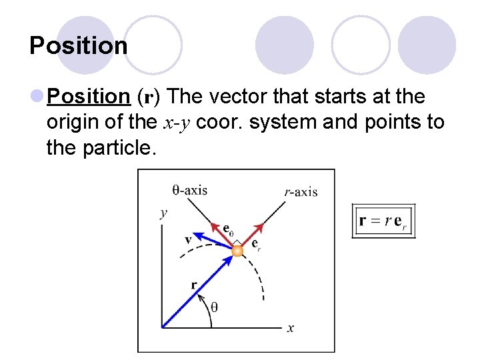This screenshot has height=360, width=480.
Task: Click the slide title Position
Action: point(79,46)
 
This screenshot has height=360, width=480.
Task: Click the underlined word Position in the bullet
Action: point(89,97)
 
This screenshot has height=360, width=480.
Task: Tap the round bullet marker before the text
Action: point(37,97)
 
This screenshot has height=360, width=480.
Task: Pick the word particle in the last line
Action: point(122,147)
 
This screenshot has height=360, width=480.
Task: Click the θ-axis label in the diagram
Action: point(190,190)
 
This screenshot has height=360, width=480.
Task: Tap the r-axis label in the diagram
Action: point(301,192)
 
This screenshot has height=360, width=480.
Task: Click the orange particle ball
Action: point(237,251)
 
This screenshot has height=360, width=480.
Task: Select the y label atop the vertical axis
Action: point(163,213)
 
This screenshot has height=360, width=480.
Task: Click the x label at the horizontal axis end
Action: point(291,327)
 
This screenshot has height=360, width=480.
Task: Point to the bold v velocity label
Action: point(189,239)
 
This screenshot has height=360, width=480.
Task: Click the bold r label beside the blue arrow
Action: point(194,285)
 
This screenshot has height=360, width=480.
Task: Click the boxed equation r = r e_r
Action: point(383,221)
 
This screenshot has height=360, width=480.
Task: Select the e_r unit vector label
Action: point(256,244)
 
